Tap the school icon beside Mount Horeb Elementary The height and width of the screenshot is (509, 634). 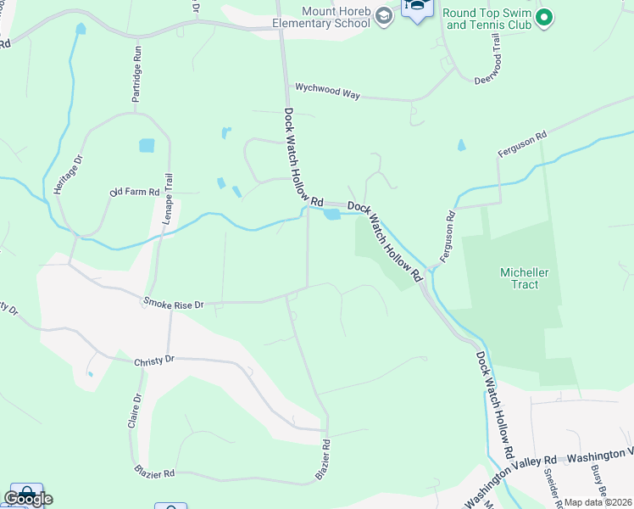tap(384, 16)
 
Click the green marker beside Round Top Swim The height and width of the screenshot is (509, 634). tap(545, 16)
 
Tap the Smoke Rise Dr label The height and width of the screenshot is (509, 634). tap(174, 303)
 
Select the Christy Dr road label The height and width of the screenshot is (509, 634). tap(153, 361)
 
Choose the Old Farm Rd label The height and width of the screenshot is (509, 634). tap(135, 193)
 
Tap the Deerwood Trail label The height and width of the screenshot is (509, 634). tap(498, 55)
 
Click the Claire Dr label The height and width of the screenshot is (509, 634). tap(136, 411)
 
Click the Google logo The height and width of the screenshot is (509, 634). tap(28, 499)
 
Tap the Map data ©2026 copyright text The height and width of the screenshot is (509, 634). tap(598, 502)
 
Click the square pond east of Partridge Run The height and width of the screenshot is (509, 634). tap(147, 145)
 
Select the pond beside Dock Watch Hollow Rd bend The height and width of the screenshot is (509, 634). tap(331, 215)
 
